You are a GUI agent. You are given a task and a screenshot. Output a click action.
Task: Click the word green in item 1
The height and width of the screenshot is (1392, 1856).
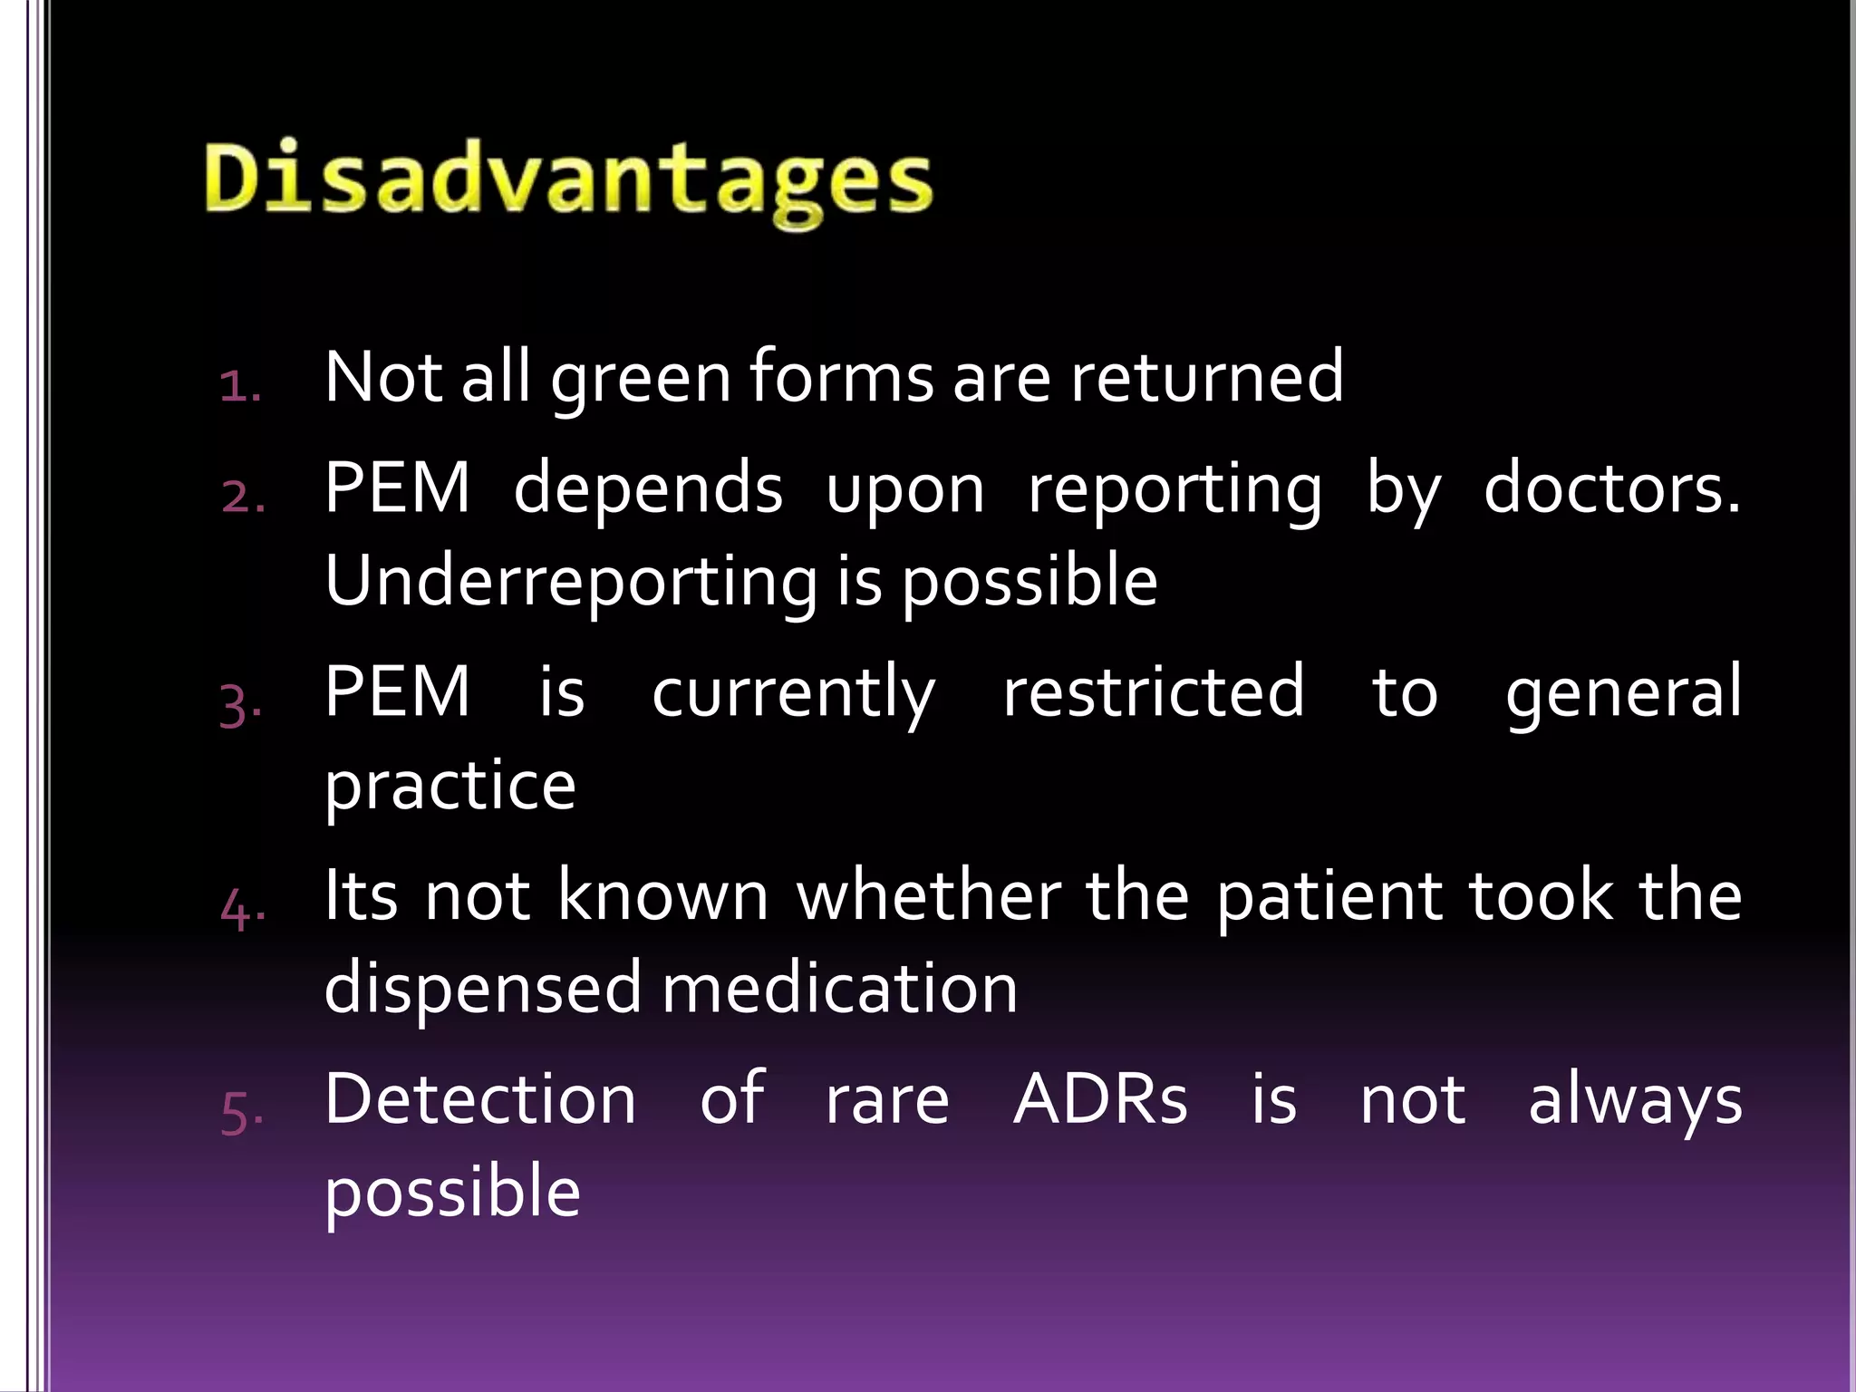(x=641, y=379)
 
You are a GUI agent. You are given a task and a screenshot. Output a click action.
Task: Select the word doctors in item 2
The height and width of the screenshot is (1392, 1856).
(x=1611, y=489)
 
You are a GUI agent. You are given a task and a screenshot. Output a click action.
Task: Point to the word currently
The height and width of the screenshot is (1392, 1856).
(x=793, y=693)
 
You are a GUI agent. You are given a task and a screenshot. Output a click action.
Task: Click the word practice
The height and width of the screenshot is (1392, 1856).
(x=449, y=786)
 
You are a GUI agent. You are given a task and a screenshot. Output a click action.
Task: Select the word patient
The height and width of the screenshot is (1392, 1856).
(x=1329, y=897)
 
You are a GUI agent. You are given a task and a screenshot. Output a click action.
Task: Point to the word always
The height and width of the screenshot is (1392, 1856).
(x=1634, y=1101)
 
